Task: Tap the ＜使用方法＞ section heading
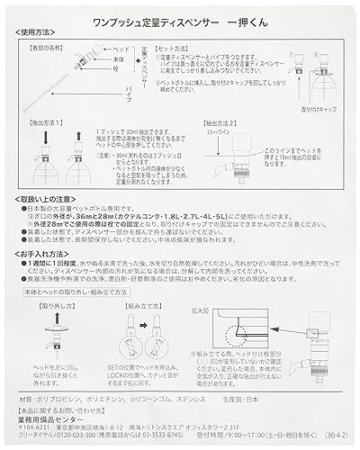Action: [35, 31]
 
